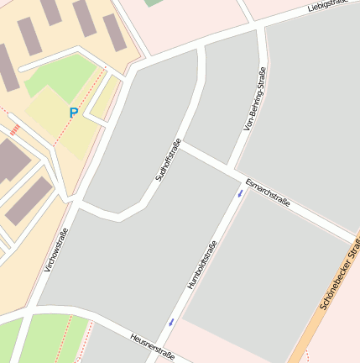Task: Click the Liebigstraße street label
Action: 328,6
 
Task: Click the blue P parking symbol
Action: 74,113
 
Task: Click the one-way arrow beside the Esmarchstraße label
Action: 241,194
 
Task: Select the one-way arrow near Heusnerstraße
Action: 172,322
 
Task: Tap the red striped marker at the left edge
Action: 14,129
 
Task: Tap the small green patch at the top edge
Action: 154,3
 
